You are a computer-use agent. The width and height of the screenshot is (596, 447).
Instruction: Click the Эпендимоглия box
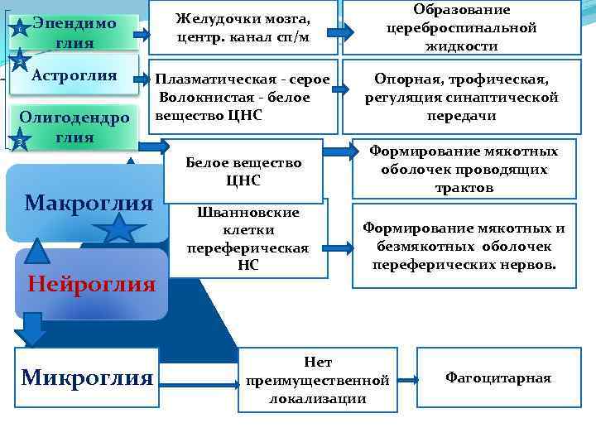point(75,32)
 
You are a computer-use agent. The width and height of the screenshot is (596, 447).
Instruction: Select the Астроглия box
point(75,76)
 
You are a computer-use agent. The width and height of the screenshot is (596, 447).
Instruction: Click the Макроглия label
point(89,203)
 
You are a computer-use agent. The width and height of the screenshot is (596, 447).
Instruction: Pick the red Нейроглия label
point(91,285)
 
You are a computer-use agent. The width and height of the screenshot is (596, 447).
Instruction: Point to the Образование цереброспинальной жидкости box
point(461,27)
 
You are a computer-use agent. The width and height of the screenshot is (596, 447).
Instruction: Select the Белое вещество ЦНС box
point(243,171)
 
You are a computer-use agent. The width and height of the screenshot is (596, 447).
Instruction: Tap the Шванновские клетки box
point(248,238)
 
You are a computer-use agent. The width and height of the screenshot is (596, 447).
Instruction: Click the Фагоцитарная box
point(497,377)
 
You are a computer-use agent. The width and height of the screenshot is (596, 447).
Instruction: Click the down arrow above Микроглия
point(31,329)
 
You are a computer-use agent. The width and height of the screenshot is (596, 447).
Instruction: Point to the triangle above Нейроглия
point(35,250)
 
